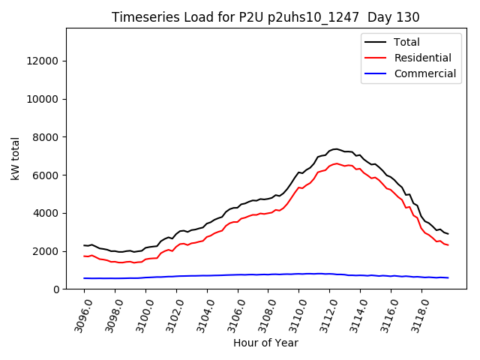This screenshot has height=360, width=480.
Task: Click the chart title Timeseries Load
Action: point(265,17)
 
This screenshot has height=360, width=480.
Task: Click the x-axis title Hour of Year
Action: point(265,343)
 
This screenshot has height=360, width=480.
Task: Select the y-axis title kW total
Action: point(16,159)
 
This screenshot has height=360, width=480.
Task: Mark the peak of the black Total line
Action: point(336,149)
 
